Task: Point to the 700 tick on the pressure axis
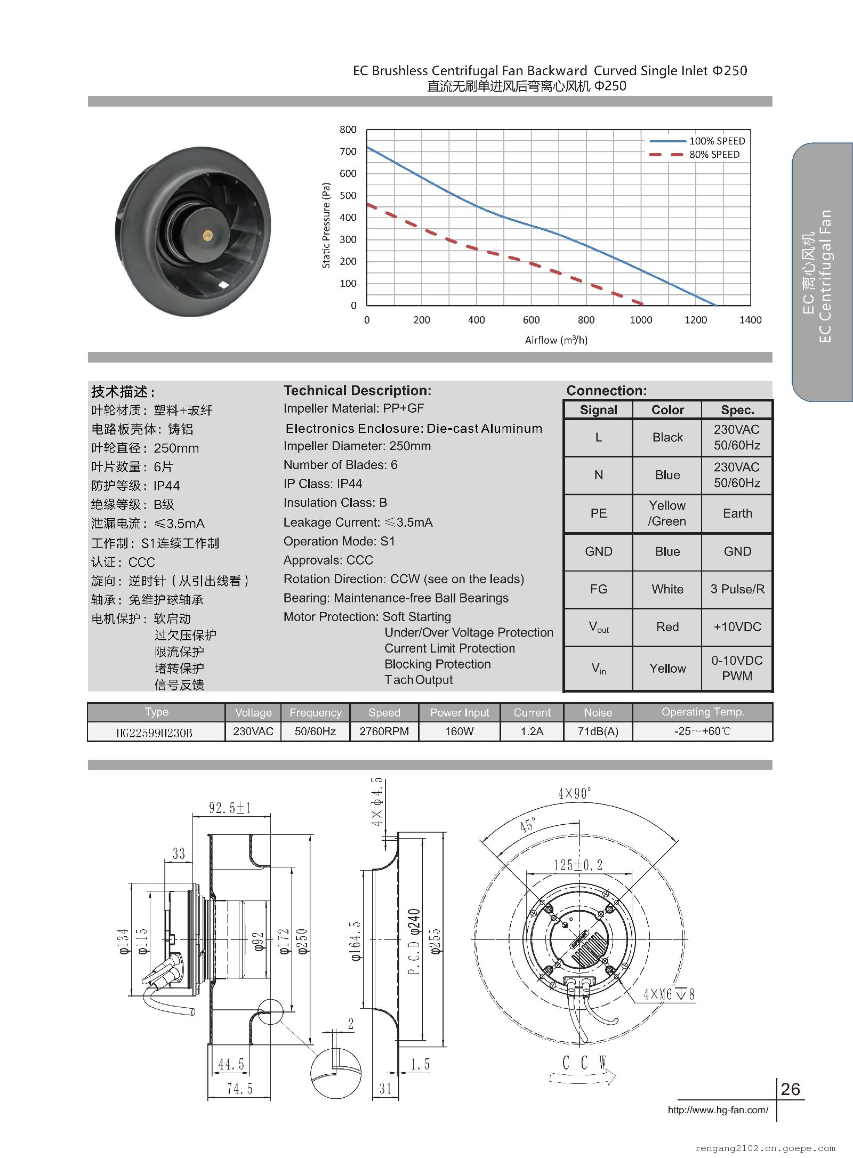[348, 152]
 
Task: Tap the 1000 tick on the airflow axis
[641, 320]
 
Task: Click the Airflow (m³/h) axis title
[556, 340]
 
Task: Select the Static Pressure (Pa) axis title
[326, 226]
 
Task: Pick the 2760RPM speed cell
[384, 731]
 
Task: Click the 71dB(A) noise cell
[598, 731]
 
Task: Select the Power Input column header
[460, 713]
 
